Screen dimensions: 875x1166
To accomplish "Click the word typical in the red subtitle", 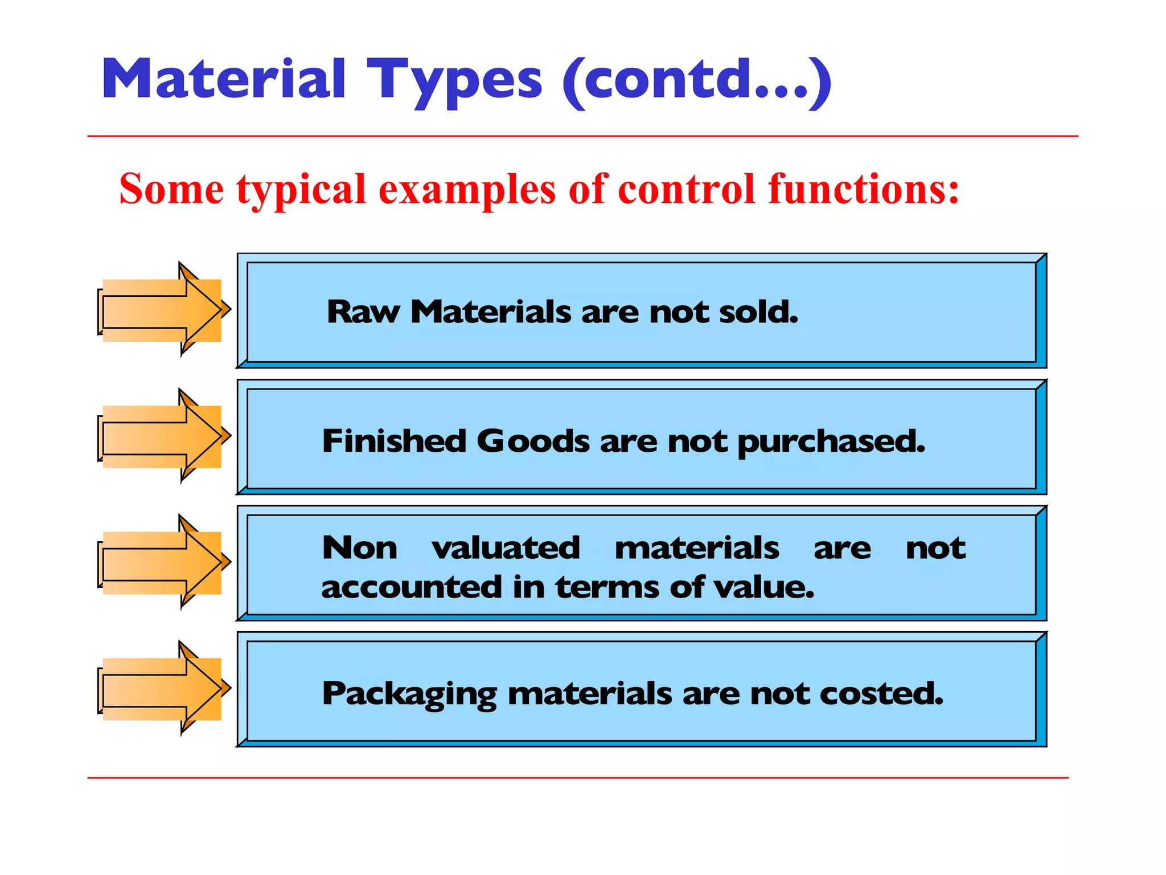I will [301, 189].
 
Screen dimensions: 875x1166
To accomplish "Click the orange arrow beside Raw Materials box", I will [163, 310].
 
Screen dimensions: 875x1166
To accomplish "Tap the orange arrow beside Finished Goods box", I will [163, 437].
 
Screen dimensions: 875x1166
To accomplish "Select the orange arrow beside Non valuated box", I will [163, 563].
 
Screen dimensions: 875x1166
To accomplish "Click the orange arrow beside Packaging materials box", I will [163, 689].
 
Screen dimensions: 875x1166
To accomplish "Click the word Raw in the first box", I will [363, 312].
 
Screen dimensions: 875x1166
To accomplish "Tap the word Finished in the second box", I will [394, 441].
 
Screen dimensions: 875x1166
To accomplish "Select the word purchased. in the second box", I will [831, 442].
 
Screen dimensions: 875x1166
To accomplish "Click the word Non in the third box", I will [360, 548].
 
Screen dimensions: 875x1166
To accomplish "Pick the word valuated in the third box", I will [506, 548].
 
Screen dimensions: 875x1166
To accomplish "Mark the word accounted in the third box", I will [411, 587].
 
